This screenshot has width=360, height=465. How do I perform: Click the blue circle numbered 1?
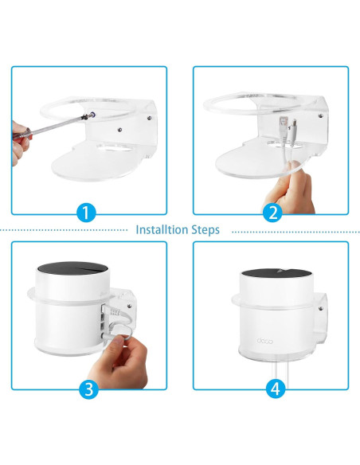88,213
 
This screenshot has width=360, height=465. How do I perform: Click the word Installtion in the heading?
162,230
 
